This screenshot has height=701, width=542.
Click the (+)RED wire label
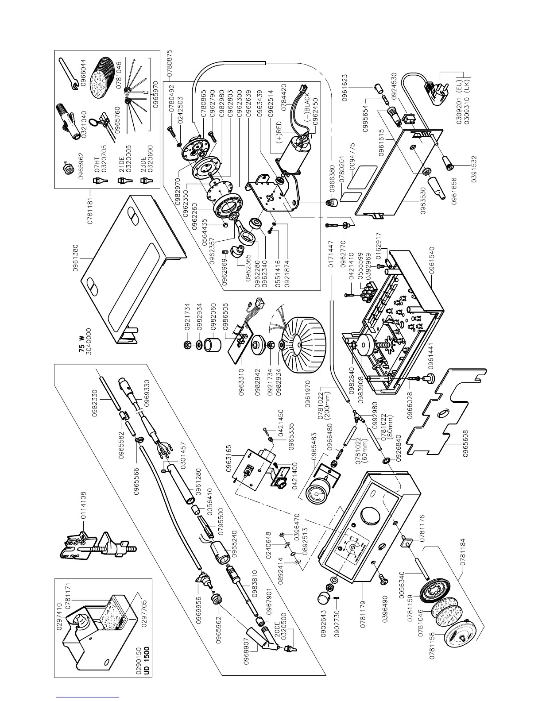(x=279, y=132)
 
